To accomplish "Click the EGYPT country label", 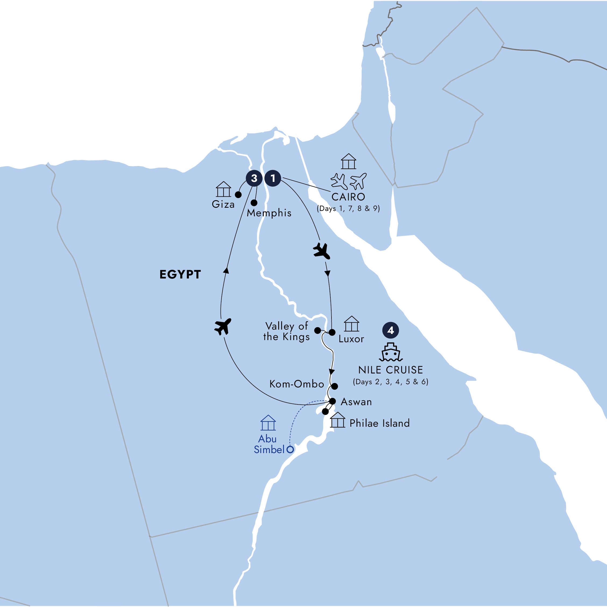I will coord(180,274).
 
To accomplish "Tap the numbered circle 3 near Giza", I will coord(254,178).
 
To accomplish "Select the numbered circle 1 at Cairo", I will coord(273,178).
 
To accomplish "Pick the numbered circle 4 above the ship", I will coord(390,330).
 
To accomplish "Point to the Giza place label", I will coord(223,204).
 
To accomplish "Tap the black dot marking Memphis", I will coord(254,203).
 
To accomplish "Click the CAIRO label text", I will coord(348,197).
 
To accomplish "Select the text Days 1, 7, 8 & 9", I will coord(348,209).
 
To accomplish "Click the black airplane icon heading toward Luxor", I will coord(322,251).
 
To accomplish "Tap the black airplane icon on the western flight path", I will coord(223,326).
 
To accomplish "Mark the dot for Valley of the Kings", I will coord(318,330).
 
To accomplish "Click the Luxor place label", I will coord(351,339).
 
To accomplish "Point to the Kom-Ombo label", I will coord(297,384).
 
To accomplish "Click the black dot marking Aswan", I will coord(332,401).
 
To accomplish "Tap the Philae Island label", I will coord(380,423).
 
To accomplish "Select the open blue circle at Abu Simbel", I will coord(290,449).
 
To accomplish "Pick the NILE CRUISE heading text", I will coord(390,370).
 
